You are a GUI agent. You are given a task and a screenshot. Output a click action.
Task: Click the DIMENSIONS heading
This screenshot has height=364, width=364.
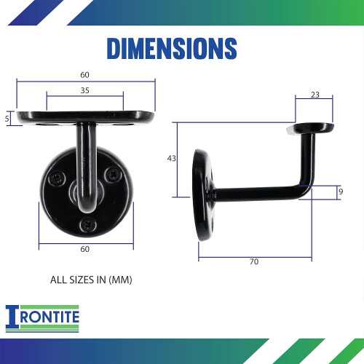coord(172,48)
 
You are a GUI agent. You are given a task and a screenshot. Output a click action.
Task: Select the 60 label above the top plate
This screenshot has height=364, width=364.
coord(85,74)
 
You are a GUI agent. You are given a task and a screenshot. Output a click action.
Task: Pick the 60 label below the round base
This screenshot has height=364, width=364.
coord(85,250)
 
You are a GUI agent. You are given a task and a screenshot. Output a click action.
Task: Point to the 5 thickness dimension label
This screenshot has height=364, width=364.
coord(7,118)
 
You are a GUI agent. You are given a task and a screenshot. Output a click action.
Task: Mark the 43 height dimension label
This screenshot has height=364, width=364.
coord(171,158)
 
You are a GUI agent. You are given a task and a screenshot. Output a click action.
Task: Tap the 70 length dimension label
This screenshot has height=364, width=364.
coord(253,261)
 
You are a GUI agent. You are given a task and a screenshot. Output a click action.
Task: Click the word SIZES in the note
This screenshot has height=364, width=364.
coord(82,279)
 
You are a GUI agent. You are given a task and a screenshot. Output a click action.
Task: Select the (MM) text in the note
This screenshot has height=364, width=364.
coord(120,279)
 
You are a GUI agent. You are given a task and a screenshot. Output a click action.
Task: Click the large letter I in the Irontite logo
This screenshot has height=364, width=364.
coord(12,318)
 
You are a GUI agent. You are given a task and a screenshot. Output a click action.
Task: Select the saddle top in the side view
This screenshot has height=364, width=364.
coord(312,128)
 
